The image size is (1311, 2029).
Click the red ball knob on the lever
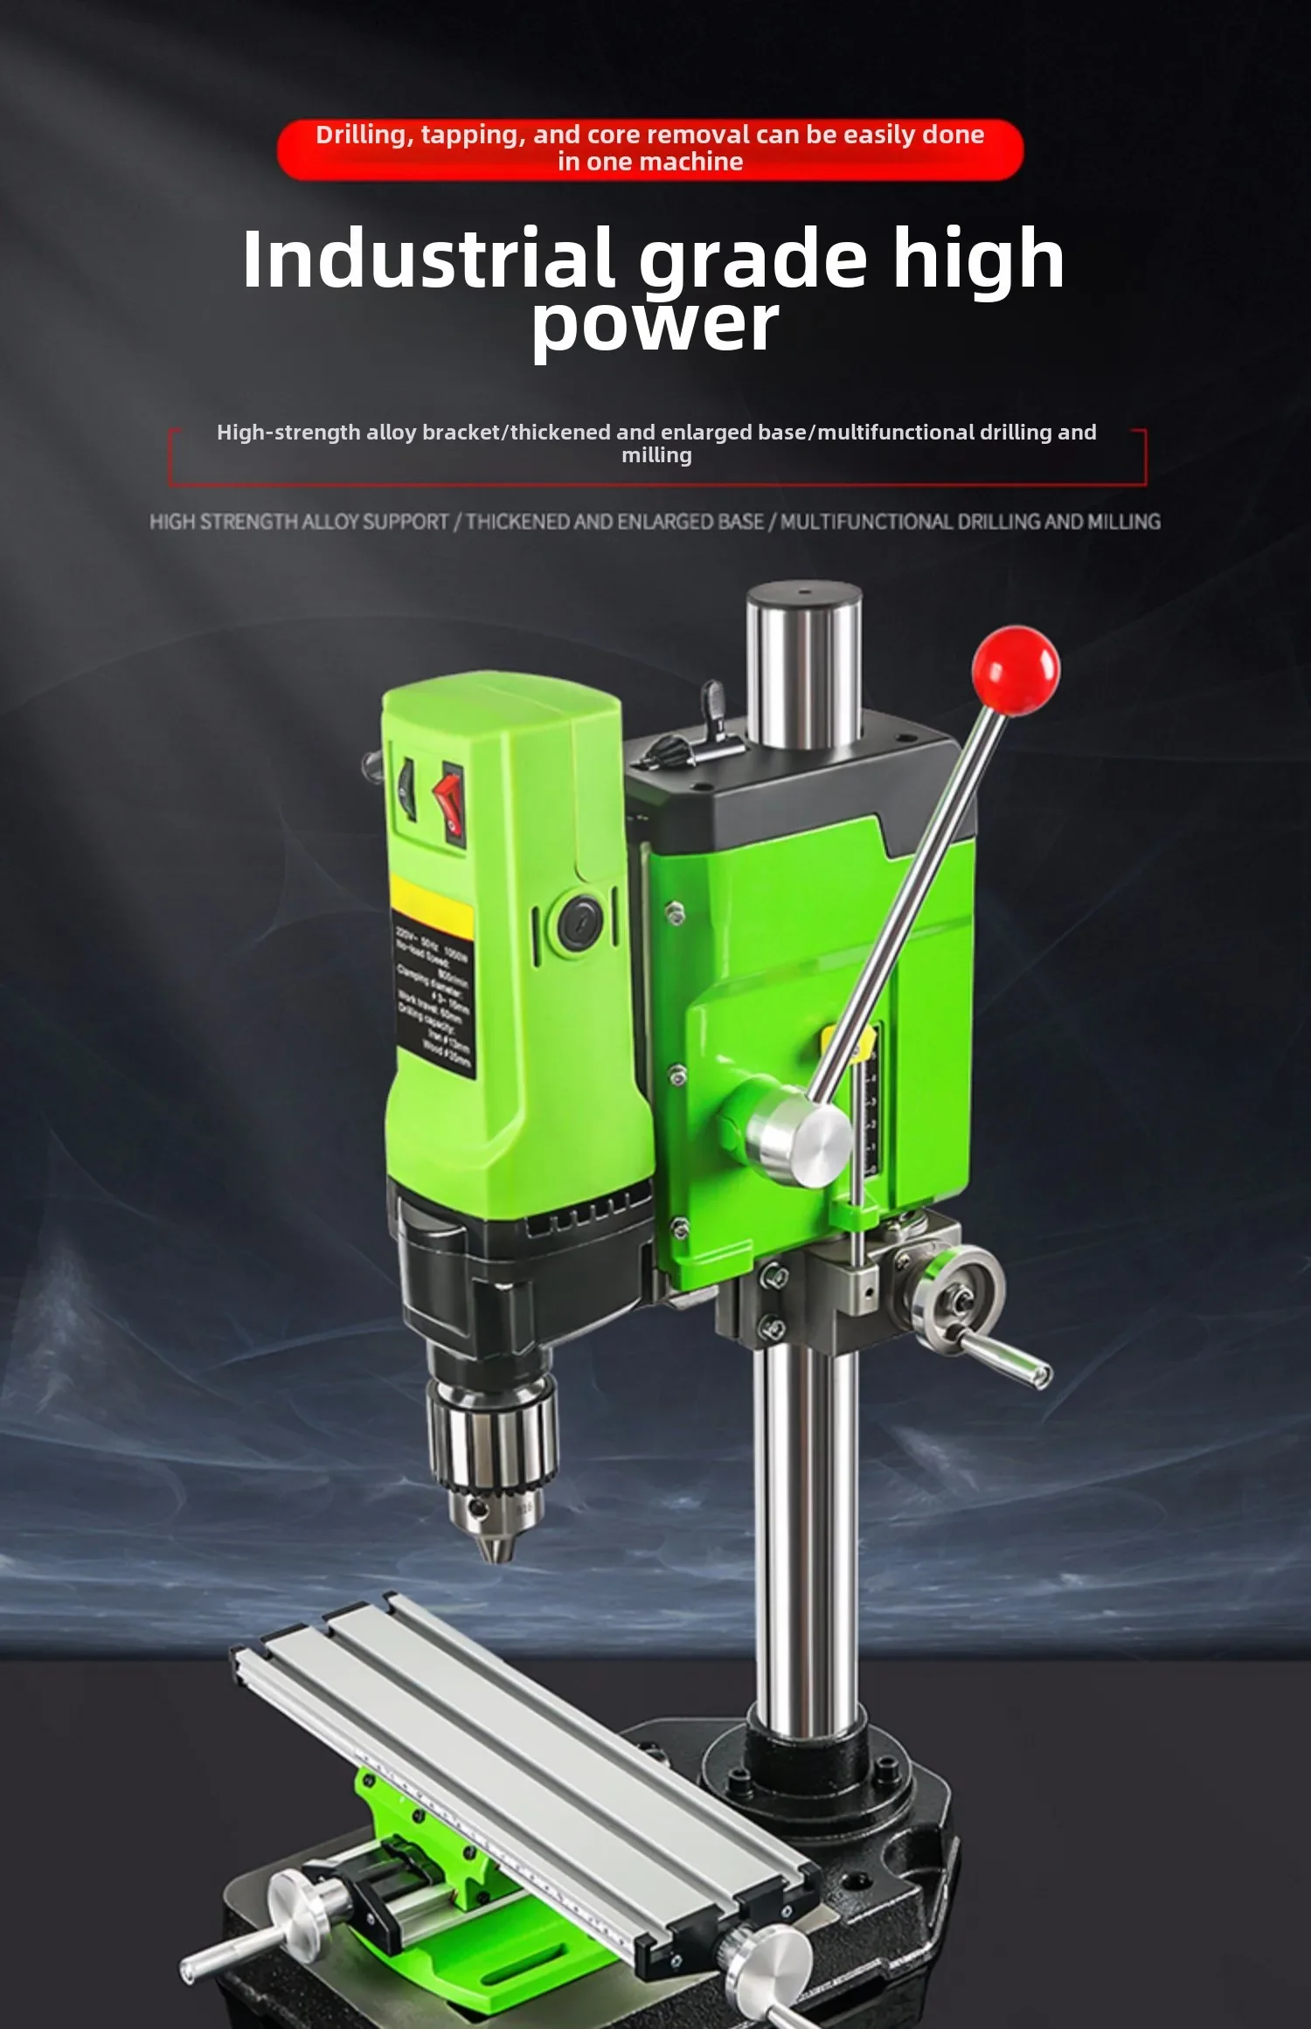coord(1016,670)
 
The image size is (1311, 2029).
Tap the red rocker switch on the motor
coord(451,803)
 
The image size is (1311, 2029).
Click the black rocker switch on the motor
coord(406,790)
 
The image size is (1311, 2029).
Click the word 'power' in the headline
coord(655,325)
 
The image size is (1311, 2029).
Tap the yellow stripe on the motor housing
coord(431,900)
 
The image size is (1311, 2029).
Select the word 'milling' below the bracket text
coord(656,455)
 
